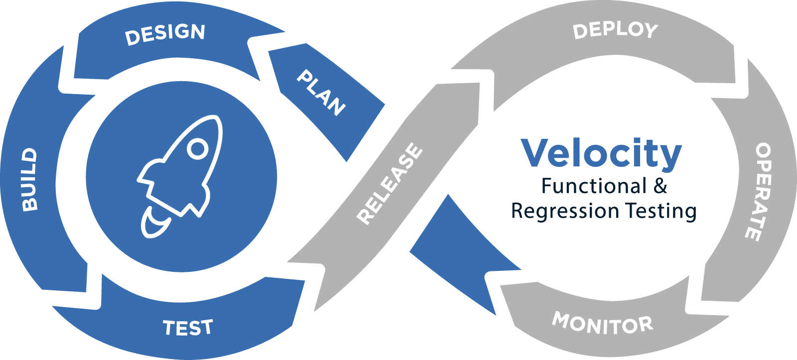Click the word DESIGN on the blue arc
pos(165,34)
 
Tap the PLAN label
pos(321,93)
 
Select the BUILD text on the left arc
pos(30,179)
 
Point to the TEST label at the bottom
pos(188,328)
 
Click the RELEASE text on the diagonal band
pos(390,183)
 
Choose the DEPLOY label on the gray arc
pos(615,31)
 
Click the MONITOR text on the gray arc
pos(603,323)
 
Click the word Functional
pos(594,186)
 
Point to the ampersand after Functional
pos(661,186)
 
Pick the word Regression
pos(566,211)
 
